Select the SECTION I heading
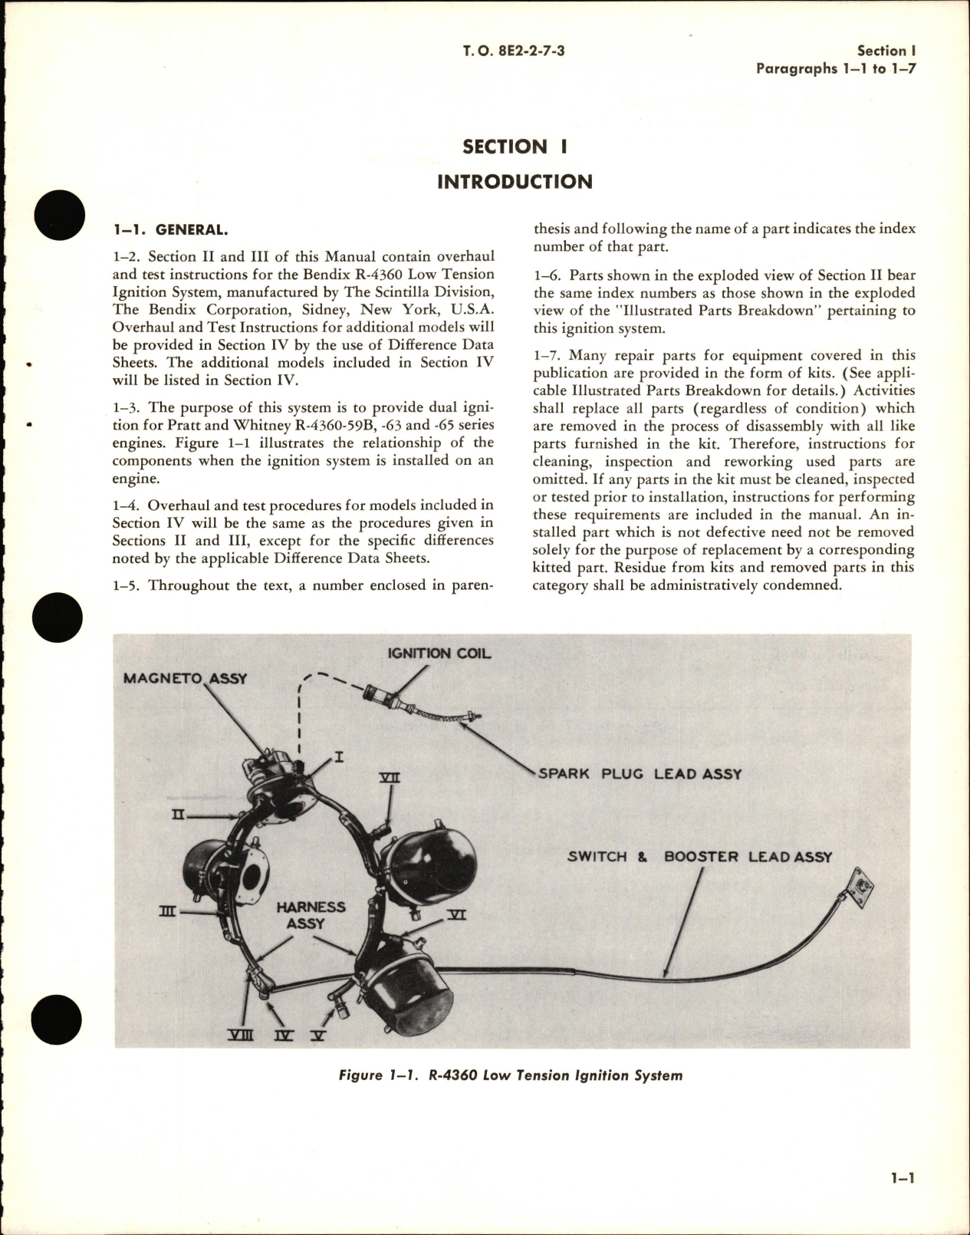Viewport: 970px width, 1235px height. (515, 147)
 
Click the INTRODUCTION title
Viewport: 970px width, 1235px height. (515, 182)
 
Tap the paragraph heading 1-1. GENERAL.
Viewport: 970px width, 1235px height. (169, 230)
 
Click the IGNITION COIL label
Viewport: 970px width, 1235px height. (439, 654)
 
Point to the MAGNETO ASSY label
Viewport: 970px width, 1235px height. (185, 679)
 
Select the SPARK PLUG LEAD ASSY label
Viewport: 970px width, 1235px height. (640, 773)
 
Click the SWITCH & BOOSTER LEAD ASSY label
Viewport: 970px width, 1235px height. (699, 856)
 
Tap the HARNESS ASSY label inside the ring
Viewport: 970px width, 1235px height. (310, 915)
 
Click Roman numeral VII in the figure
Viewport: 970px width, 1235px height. (390, 778)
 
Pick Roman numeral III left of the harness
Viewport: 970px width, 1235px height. (167, 911)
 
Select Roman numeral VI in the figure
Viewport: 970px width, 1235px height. (456, 915)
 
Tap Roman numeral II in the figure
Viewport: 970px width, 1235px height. (178, 815)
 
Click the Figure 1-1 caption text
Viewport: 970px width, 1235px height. (510, 1075)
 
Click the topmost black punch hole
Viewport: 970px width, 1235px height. (58, 212)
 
